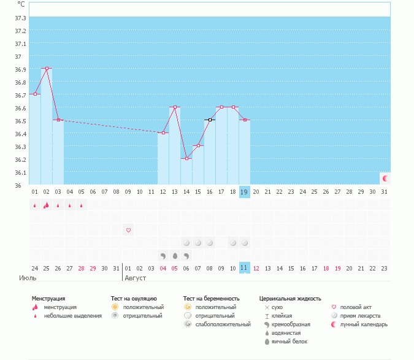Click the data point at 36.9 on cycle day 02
47,68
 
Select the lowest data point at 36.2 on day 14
186,158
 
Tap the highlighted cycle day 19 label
245,192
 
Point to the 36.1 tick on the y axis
20,172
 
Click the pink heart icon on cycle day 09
128,230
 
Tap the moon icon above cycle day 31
385,178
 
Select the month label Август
136,278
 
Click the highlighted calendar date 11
245,268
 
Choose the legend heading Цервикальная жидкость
290,299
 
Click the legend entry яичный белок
289,342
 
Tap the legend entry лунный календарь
364,324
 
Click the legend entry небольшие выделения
72,316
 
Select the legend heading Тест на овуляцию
134,299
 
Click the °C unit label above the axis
21,4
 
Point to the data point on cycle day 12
163,132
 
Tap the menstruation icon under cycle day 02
46,205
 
